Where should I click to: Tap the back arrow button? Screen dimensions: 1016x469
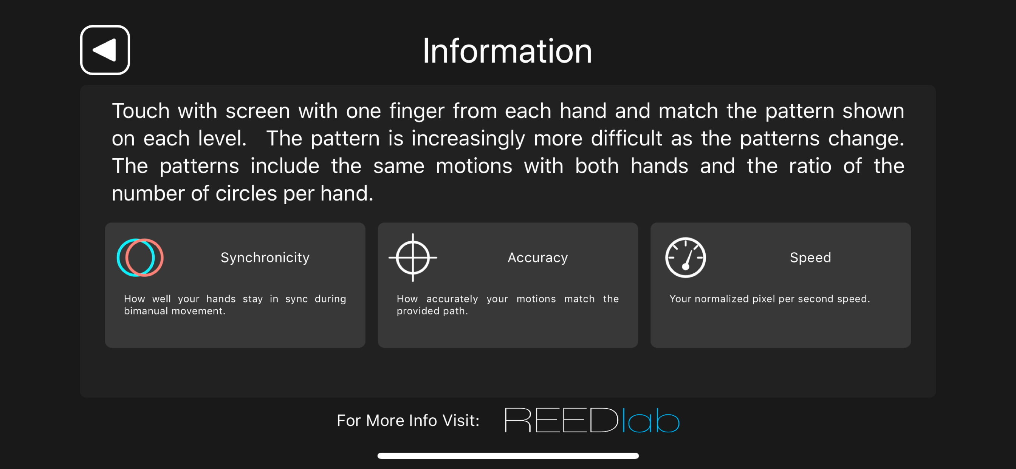click(x=105, y=50)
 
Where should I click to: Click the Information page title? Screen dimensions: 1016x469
click(x=508, y=51)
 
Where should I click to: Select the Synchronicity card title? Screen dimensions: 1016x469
click(x=265, y=258)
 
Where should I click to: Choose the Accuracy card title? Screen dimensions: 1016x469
click(x=537, y=258)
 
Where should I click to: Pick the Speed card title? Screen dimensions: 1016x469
click(x=810, y=258)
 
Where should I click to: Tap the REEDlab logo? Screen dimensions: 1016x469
click(x=592, y=420)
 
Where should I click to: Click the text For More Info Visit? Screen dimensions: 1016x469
click(x=408, y=421)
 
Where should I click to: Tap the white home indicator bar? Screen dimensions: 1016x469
click(x=508, y=456)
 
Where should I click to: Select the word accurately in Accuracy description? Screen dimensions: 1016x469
click(x=452, y=299)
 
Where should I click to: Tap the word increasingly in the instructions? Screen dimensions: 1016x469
click(x=468, y=139)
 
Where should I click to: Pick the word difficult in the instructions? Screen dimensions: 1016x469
click(x=626, y=138)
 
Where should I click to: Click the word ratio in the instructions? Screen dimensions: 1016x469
click(x=810, y=166)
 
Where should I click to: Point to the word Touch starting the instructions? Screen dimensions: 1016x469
click(x=141, y=111)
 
